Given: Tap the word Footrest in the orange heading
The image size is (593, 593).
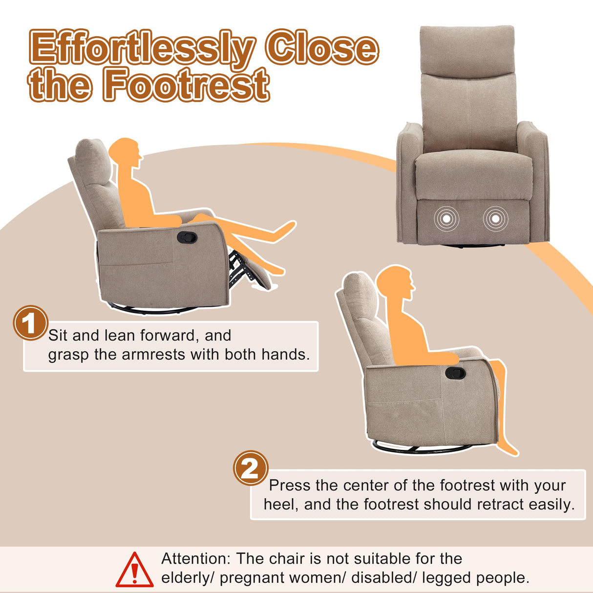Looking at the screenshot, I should tap(186, 85).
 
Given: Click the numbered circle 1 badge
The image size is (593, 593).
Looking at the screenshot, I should tap(30, 323).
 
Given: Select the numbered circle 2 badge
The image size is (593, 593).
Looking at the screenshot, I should tap(251, 468).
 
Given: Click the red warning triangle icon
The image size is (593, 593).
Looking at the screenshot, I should tap(134, 570).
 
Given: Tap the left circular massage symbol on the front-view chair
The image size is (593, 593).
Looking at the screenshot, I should tap(446, 219).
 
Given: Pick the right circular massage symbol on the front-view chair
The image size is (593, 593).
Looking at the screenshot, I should tap(495, 219).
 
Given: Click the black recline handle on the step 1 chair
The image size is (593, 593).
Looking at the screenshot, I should tap(188, 237).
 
